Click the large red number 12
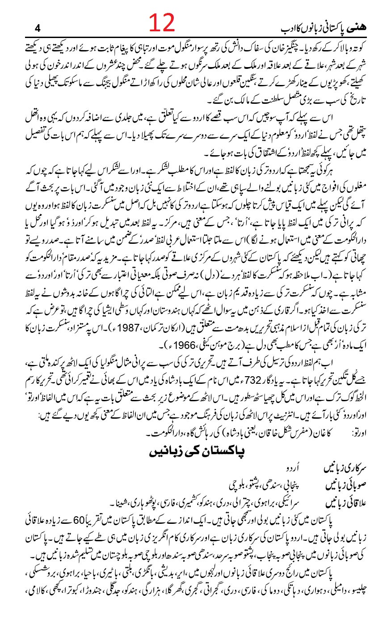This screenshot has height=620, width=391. pyautogui.click(x=162, y=22)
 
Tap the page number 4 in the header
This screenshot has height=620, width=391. pyautogui.click(x=37, y=30)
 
